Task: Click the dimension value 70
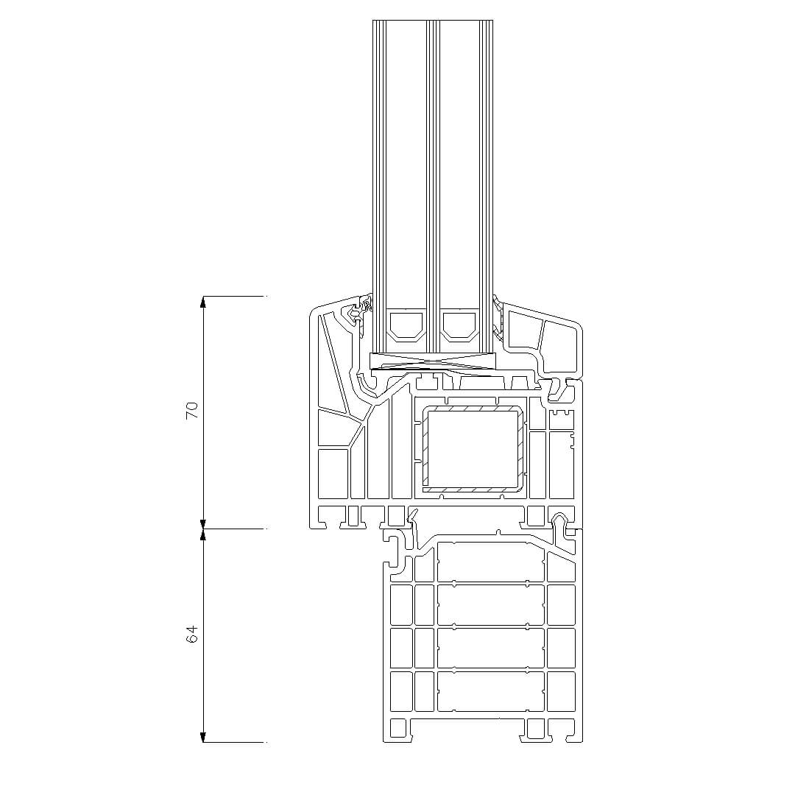coord(191,410)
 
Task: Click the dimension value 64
coord(191,635)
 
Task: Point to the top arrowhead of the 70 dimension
coord(203,303)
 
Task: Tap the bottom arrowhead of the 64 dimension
coord(203,736)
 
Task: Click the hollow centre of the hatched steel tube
coord(473,448)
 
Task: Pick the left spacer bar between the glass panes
coord(406,327)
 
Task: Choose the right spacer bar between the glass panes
coord(459,327)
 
